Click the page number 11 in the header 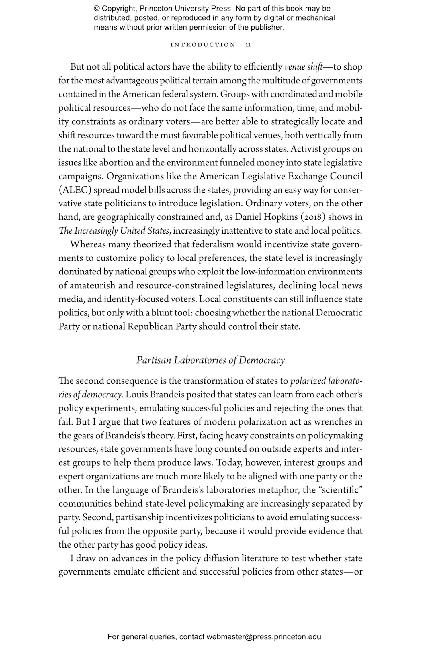pyautogui.click(x=248, y=45)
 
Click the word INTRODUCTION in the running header pyautogui.click(x=203, y=45)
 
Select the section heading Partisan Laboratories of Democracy pyautogui.click(x=210, y=360)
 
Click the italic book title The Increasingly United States pyautogui.click(x=115, y=231)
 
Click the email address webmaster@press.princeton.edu pyautogui.click(x=264, y=637)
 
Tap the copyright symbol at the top pyautogui.click(x=97, y=9)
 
